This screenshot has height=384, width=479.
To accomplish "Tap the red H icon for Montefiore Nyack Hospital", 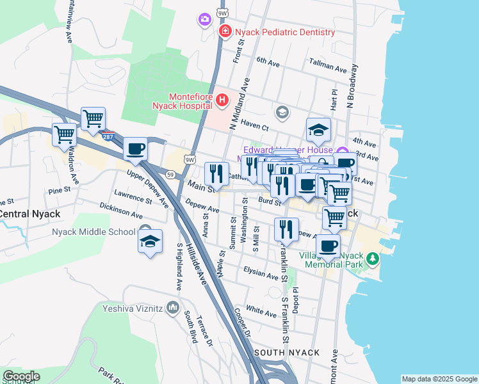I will pyautogui.click(x=222, y=100).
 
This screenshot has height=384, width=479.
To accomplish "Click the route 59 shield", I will pyautogui.click(x=170, y=174).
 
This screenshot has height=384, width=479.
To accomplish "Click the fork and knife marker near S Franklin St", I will pyautogui.click(x=286, y=228).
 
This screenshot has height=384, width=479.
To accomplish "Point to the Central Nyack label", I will pyautogui.click(x=29, y=214).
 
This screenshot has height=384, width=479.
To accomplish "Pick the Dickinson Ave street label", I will pyautogui.click(x=121, y=211).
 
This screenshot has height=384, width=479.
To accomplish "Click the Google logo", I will pyautogui.click(x=20, y=376).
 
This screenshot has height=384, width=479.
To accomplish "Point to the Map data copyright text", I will pyautogui.click(x=439, y=379).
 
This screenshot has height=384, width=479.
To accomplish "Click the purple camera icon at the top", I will pyautogui.click(x=205, y=20).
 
